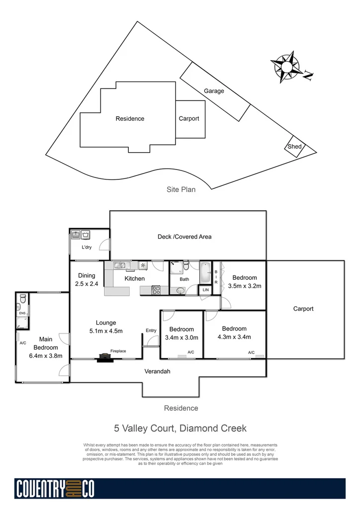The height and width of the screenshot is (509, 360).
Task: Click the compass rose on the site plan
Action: [x=286, y=67]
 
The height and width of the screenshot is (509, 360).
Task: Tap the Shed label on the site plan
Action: [x=294, y=146]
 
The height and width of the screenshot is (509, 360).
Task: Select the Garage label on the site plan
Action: [x=214, y=91]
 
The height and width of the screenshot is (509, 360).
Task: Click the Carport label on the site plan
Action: [x=189, y=118]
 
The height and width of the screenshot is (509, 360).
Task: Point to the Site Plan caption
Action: [x=181, y=189]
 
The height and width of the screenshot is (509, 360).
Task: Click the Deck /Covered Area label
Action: [x=184, y=237]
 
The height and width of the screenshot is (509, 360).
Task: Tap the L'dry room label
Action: [x=87, y=247]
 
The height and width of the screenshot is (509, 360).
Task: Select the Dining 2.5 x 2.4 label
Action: [x=87, y=280]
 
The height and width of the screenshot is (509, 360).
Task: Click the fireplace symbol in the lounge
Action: [x=104, y=356]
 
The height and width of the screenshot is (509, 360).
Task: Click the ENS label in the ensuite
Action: [x=22, y=314]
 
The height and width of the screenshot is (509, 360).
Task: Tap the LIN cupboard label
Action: [x=205, y=289]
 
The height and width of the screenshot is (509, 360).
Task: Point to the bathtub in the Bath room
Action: [x=205, y=272]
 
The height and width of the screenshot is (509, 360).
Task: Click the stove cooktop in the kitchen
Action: [x=155, y=290]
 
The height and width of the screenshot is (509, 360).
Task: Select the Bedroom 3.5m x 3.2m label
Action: [x=244, y=282]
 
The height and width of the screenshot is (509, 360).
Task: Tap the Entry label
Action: [x=151, y=331]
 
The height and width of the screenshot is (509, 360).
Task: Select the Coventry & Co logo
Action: [x=55, y=489]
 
